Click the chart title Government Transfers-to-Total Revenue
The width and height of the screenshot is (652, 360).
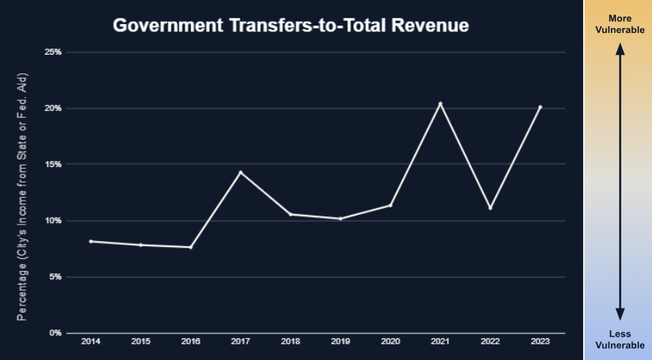tap(290, 25)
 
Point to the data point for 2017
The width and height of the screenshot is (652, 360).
tap(240, 172)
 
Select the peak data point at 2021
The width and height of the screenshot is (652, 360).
tap(440, 103)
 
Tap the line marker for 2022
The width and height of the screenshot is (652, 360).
tap(490, 208)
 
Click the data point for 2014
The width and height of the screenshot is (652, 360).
tap(91, 241)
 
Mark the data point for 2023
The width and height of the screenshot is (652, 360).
tap(540, 107)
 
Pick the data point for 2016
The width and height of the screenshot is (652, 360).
tap(191, 247)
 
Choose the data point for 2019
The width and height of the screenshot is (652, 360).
tap(341, 219)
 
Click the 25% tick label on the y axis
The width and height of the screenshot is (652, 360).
tap(52, 52)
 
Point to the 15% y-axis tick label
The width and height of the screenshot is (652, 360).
tap(52, 165)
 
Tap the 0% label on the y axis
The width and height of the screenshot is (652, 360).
tap(55, 333)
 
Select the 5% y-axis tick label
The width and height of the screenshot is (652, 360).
tap(55, 277)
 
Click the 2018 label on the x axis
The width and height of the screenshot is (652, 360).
tap(290, 341)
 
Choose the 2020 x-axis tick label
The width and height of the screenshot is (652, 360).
tap(390, 341)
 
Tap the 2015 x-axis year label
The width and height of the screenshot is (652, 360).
tap(141, 341)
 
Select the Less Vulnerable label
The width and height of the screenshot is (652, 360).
tap(619, 339)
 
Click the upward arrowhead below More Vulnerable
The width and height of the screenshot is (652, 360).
tap(619, 49)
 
